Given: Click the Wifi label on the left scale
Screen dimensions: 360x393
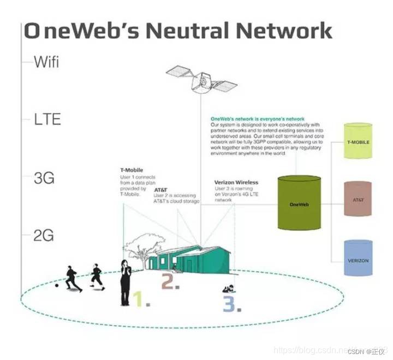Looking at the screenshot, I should [x=46, y=62].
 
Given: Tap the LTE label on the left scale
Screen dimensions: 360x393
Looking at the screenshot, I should [x=46, y=119].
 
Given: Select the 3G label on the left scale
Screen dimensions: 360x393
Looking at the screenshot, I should [x=44, y=178].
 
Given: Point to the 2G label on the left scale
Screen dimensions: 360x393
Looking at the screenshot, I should [x=44, y=236].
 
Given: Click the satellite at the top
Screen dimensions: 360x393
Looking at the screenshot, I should [x=201, y=80].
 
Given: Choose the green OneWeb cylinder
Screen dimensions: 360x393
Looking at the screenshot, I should [x=299, y=203].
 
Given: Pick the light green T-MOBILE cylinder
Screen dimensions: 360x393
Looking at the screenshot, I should [x=358, y=141].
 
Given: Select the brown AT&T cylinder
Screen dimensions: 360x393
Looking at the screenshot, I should [x=358, y=199].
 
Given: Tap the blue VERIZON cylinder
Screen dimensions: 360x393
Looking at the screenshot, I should [x=358, y=258].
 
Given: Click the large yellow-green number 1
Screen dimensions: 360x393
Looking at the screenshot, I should [x=138, y=299].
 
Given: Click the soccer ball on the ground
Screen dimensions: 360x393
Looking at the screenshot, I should [x=57, y=285].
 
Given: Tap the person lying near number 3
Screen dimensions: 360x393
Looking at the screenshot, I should [x=229, y=289].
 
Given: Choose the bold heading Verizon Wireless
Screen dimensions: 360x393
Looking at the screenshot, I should [x=237, y=183].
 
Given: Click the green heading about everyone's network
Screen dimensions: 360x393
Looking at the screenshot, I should [x=257, y=119].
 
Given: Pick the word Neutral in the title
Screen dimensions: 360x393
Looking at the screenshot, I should [x=198, y=31].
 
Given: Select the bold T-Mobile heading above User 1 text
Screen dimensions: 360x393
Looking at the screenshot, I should [x=132, y=170].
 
